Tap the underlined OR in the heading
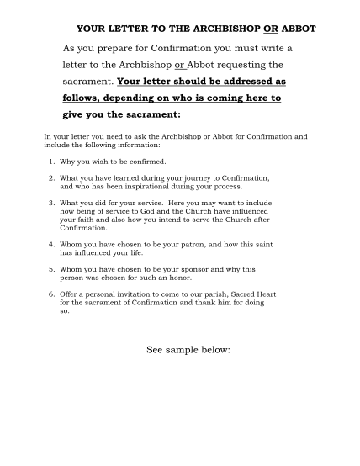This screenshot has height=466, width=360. pyautogui.click(x=270, y=28)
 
